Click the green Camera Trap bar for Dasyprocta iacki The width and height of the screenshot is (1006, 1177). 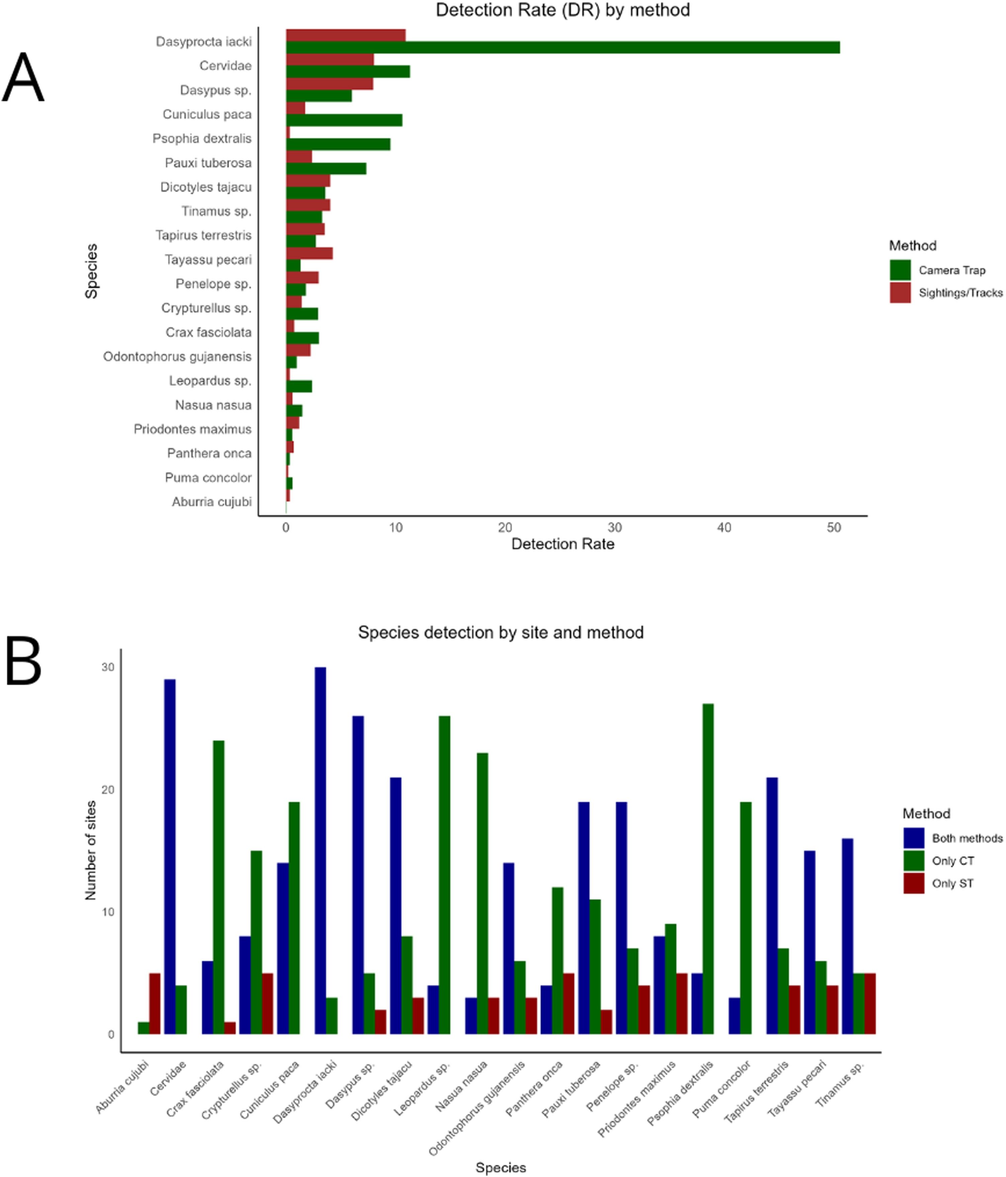pyautogui.click(x=562, y=48)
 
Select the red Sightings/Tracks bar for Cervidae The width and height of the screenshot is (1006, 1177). pyautogui.click(x=330, y=60)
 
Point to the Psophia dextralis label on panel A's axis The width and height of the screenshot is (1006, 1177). pyautogui.click(x=202, y=139)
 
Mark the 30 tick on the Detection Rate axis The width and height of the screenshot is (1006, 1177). pyautogui.click(x=614, y=528)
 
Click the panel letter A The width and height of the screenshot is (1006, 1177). pyautogui.click(x=23, y=77)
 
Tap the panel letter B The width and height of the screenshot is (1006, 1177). pyautogui.click(x=23, y=662)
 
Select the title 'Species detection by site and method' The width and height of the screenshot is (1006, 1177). pyautogui.click(x=500, y=633)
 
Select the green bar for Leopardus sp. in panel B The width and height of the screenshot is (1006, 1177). pyautogui.click(x=444, y=875)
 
